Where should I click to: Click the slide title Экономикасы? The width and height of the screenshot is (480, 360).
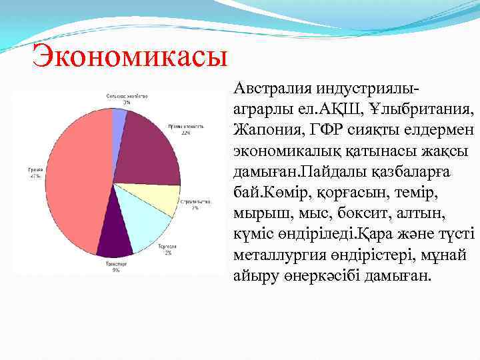coord(130,56)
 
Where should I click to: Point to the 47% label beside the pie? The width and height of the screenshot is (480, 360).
coord(33,177)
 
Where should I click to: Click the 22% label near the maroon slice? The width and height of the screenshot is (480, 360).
coord(185,133)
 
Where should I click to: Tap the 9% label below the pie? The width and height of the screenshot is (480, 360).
coord(116,270)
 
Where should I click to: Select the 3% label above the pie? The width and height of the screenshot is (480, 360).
coord(126,103)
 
